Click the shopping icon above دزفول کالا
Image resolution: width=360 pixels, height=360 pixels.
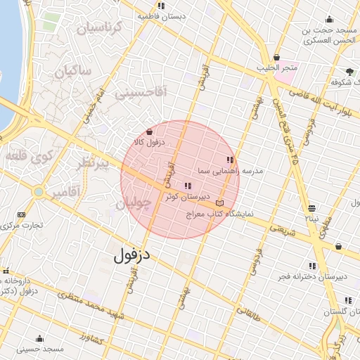(x=149, y=131)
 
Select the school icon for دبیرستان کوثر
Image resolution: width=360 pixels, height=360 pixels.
(x=187, y=186)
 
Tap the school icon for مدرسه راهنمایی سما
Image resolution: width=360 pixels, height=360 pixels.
(x=230, y=160)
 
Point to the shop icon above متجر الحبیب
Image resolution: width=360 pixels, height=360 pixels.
(x=276, y=58)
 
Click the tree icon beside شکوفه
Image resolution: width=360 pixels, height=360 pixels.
(x=350, y=72)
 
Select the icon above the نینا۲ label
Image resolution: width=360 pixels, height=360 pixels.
(x=311, y=207)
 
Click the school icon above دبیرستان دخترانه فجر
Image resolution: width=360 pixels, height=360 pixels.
(x=312, y=266)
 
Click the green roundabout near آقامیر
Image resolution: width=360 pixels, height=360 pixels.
(x=39, y=191)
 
